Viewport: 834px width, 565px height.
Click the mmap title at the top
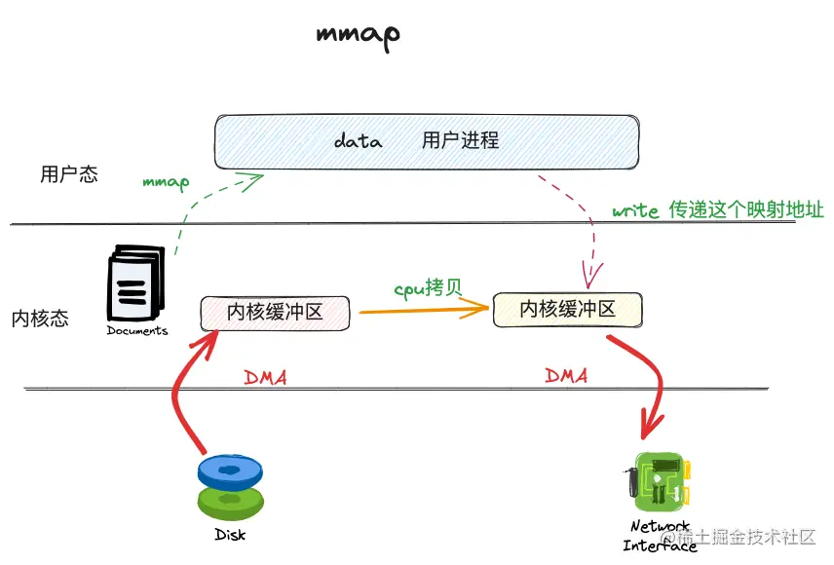pos(358,34)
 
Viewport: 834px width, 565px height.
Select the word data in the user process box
pos(358,141)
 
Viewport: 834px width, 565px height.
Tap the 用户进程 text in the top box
pos(460,140)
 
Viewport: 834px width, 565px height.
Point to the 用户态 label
pos(69,175)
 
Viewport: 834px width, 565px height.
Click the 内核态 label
pos(41,319)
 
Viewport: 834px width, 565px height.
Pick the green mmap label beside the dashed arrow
pos(166,181)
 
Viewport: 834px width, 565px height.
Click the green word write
pos(635,211)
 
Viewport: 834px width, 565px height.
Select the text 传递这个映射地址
pos(745,209)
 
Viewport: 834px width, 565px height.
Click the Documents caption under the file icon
pos(137,330)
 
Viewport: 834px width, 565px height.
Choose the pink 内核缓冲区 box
pos(275,312)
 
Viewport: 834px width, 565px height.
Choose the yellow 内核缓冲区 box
pos(567,309)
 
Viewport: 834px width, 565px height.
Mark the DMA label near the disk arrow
pos(265,377)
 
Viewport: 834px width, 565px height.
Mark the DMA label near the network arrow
pos(566,375)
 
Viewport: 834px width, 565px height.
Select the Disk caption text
pos(231,535)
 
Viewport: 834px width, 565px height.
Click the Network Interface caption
pos(660,536)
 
